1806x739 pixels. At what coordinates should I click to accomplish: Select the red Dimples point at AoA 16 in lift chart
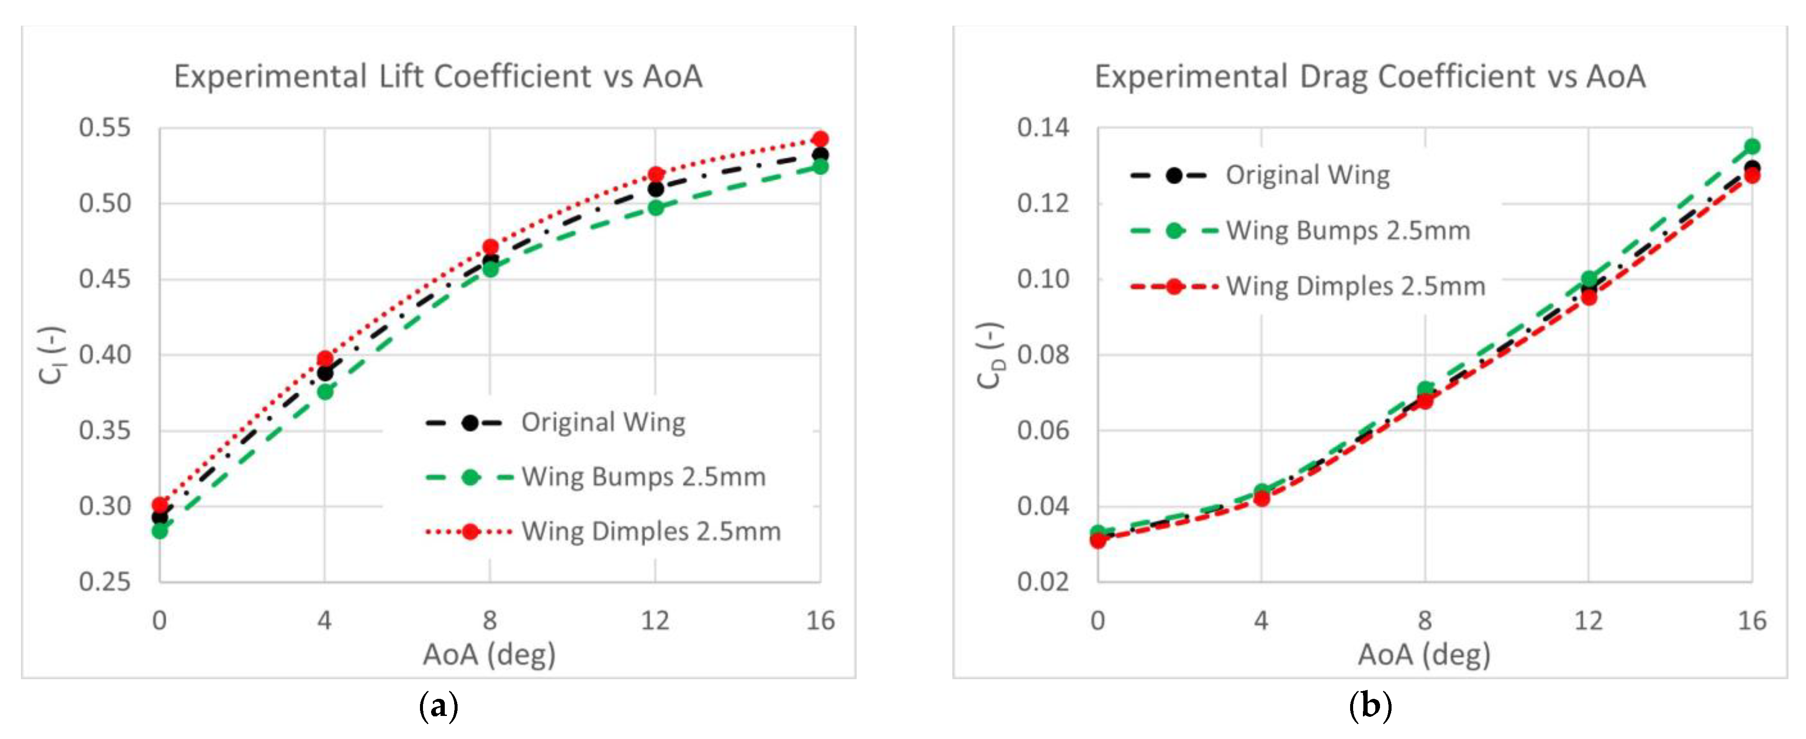coord(819,139)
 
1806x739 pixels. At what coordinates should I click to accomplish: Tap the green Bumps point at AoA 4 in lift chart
coord(325,392)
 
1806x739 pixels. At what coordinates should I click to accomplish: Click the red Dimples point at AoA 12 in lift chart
coord(655,175)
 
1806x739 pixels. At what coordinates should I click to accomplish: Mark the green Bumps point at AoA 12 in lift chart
coord(655,208)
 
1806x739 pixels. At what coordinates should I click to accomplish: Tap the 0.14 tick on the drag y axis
coord(1043,128)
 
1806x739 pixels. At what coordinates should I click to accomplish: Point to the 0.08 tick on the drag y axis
coord(1043,355)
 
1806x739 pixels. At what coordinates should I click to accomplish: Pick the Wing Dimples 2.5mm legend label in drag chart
coord(1355,286)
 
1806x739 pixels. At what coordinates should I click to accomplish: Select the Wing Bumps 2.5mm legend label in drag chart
coord(1348,231)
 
